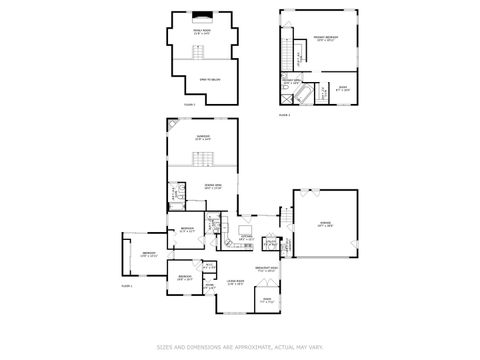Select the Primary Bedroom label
click(326, 39)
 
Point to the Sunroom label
click(203, 137)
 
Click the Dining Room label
click(213, 187)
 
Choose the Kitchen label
click(245, 238)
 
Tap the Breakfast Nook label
click(266, 269)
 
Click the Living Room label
click(236, 284)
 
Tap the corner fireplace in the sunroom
click(172, 125)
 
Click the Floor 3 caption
click(189, 104)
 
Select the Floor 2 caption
click(284, 115)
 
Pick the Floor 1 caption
click(127, 286)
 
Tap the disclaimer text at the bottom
click(239, 347)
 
